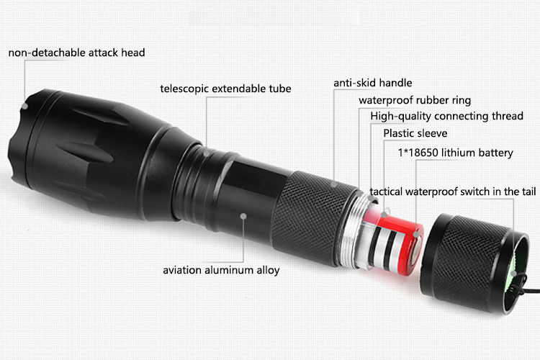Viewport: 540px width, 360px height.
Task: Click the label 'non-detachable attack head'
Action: (x=76, y=53)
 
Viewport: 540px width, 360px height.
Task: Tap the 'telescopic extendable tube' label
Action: (x=225, y=89)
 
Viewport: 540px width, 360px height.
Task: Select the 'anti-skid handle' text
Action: (x=373, y=83)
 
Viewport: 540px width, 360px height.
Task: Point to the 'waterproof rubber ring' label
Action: (x=415, y=100)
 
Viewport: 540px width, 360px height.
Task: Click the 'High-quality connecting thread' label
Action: (x=446, y=116)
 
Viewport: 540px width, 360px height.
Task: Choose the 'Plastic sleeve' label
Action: (x=415, y=133)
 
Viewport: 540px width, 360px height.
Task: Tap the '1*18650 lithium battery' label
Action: (x=455, y=153)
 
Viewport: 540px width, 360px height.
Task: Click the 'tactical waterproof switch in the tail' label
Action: (x=453, y=192)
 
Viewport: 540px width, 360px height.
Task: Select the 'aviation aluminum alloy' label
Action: (x=221, y=270)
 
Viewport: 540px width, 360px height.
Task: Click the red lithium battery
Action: (x=396, y=243)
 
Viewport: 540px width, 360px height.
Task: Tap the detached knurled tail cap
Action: (x=472, y=262)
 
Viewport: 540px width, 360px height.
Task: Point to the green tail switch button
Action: (x=516, y=267)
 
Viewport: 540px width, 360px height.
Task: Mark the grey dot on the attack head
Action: (x=24, y=106)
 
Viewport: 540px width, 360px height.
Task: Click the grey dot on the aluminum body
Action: (x=243, y=216)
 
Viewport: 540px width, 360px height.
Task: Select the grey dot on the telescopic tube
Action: (x=207, y=153)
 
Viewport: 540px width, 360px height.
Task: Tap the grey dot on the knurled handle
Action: (x=334, y=184)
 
